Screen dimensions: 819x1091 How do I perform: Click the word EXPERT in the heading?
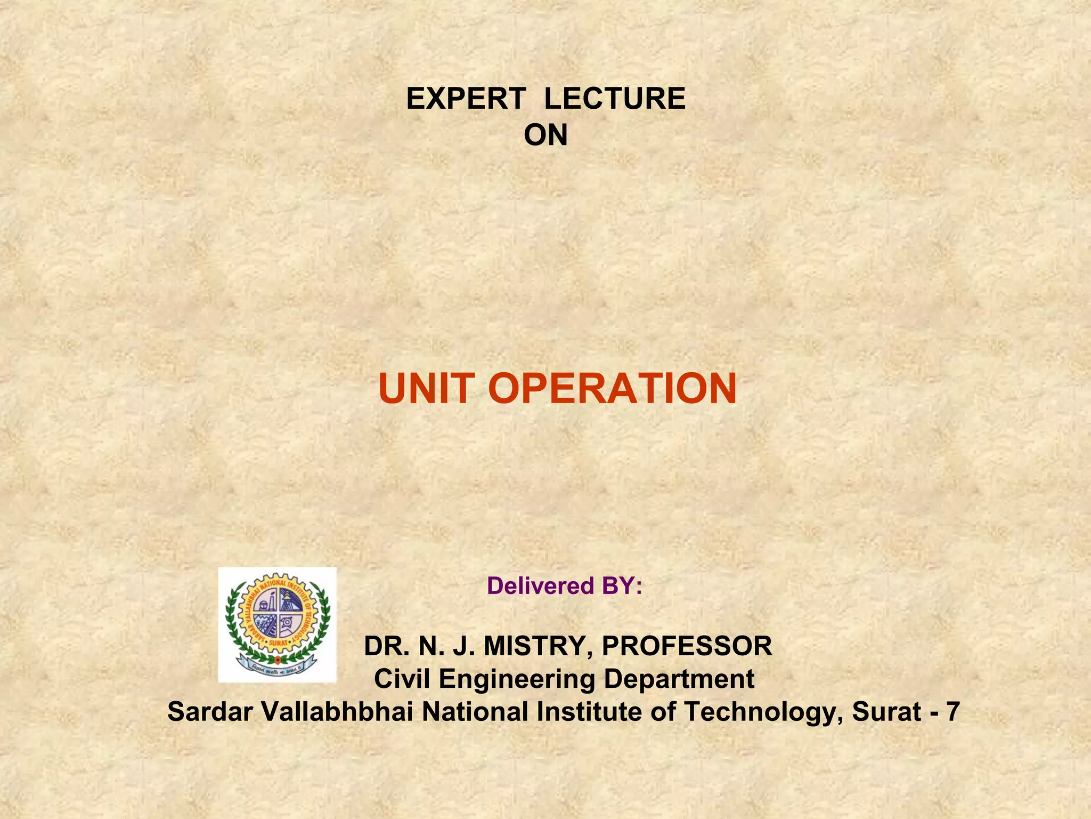466,99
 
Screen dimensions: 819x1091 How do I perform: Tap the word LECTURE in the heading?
615,99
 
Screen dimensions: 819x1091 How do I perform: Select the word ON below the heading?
545,135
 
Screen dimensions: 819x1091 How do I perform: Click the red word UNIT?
426,389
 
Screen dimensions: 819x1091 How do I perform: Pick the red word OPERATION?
612,389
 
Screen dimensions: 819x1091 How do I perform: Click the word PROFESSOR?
687,646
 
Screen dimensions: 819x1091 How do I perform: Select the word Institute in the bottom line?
589,712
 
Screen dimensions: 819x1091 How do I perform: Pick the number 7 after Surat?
953,712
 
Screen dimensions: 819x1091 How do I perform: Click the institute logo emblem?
278,624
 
